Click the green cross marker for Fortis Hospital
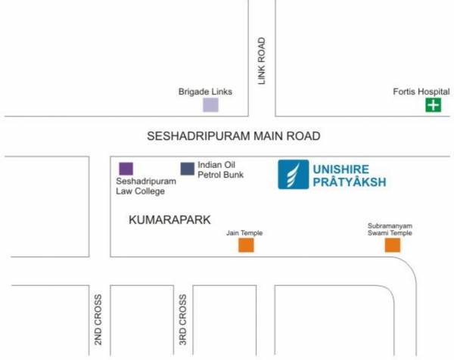click(433, 105)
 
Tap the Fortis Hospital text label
click(421, 92)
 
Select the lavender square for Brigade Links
click(210, 105)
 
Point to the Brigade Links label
click(205, 92)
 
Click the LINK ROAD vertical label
click(262, 61)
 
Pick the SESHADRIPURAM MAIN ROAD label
click(234, 136)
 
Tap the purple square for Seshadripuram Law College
click(126, 168)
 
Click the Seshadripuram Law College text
click(146, 186)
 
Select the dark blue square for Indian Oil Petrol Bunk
click(187, 168)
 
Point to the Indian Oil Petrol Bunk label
click(220, 169)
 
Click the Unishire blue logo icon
click(292, 175)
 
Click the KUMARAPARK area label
click(169, 219)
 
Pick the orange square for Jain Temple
click(246, 245)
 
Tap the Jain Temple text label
click(244, 233)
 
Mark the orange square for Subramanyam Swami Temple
click(392, 245)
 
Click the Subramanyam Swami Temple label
click(390, 229)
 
